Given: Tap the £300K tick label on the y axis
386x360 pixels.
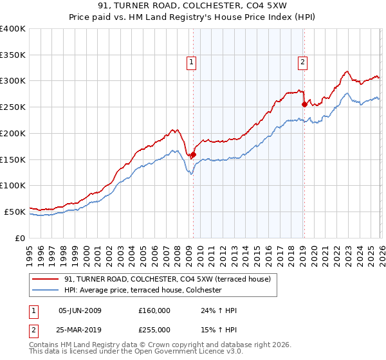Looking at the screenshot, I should click(13, 81).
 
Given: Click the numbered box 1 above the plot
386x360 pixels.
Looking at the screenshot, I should click(192, 62).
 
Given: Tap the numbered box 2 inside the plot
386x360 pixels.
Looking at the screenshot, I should click(302, 62).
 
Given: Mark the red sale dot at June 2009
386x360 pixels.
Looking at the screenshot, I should click(193, 154).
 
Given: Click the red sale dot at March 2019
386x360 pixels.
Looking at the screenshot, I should click(304, 104).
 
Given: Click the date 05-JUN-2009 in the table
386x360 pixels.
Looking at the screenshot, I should click(80, 310).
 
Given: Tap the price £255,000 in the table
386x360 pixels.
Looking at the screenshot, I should click(154, 329).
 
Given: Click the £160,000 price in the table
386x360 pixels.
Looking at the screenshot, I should click(154, 310).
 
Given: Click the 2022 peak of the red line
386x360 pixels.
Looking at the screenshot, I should click(347, 71).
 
